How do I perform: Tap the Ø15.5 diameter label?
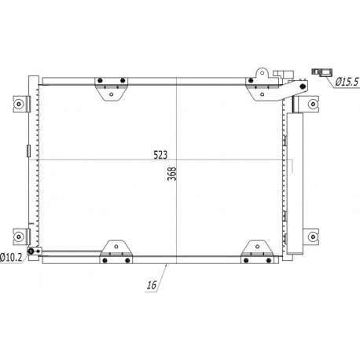click(x=344, y=79)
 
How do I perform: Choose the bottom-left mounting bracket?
click(x=115, y=249)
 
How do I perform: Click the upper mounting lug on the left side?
click(x=20, y=102)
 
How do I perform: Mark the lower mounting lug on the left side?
click(x=20, y=235)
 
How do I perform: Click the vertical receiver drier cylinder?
click(x=296, y=181)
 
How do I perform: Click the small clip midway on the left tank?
click(x=28, y=151)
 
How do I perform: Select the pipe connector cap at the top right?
click(x=285, y=75)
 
